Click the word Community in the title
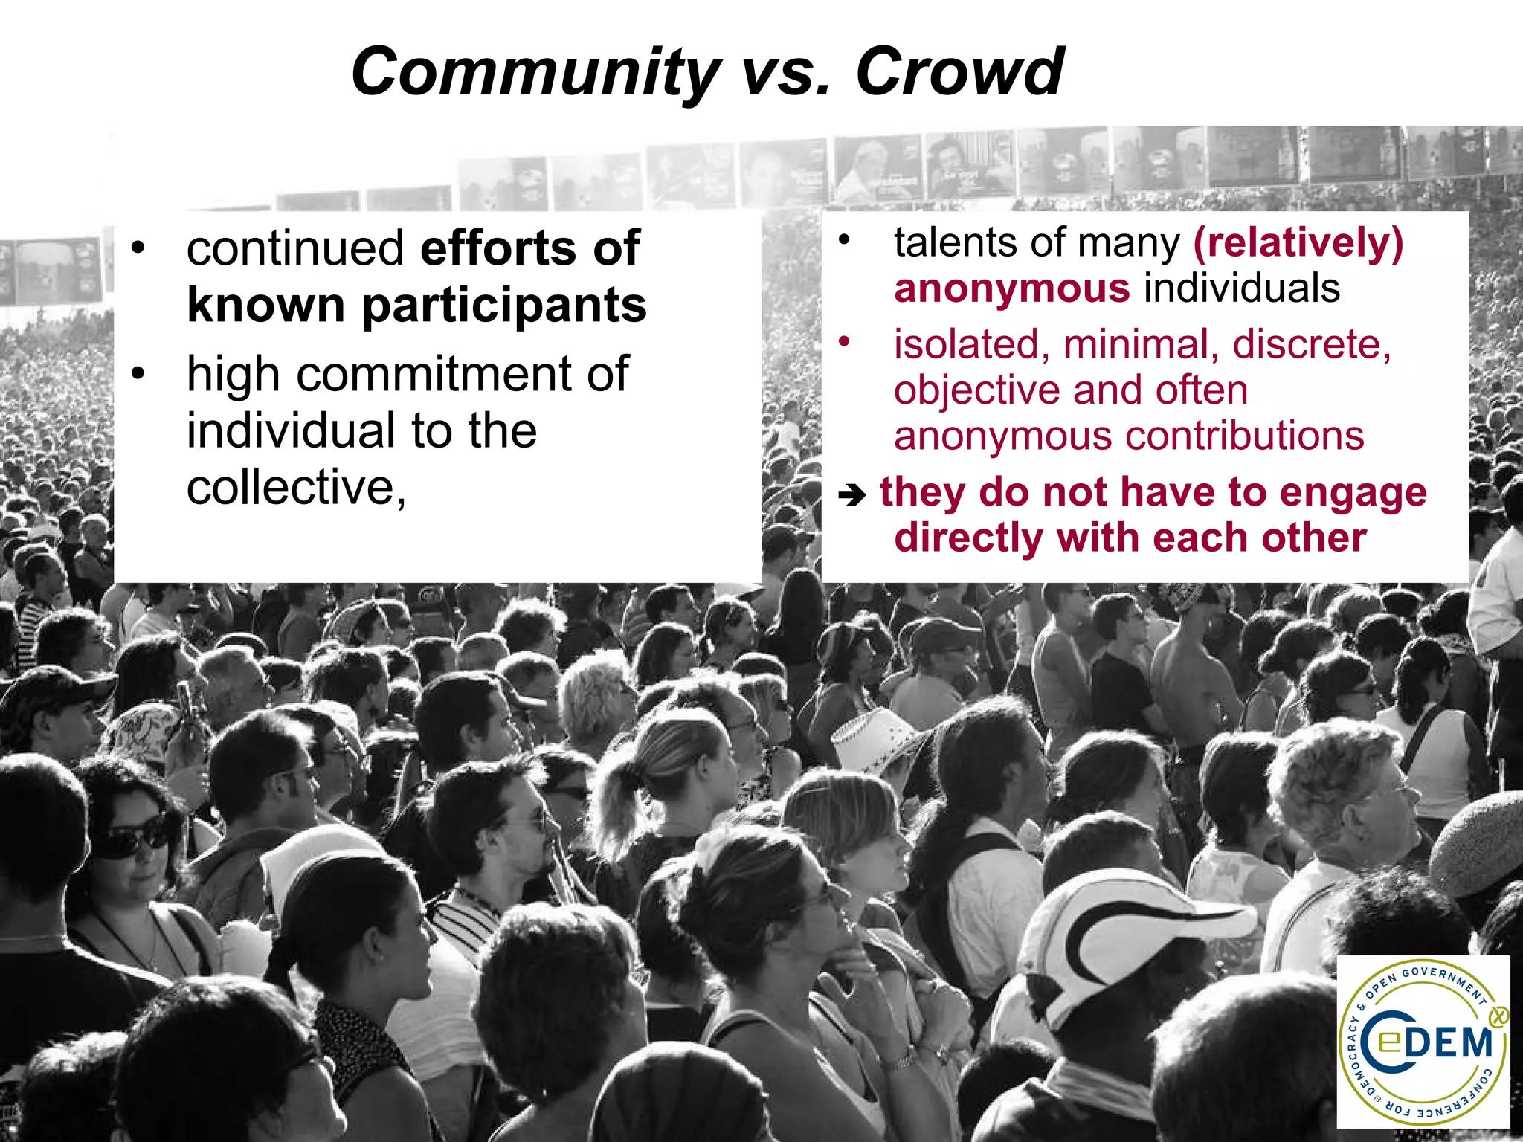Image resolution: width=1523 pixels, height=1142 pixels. click(534, 72)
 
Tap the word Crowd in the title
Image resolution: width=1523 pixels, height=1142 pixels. click(959, 72)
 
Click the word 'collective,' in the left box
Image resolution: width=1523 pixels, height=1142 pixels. click(296, 488)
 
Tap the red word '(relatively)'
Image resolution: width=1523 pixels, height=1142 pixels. click(1298, 242)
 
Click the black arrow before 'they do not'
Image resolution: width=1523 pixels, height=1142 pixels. click(852, 495)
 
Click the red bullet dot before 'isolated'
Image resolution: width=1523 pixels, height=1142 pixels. click(843, 342)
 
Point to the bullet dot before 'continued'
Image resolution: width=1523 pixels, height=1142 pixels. click(137, 248)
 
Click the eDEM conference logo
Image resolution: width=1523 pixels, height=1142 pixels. click(1423, 1040)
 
